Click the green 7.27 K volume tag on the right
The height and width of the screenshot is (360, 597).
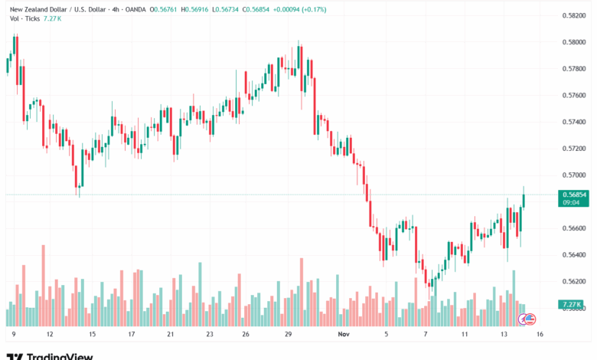[x=573, y=304]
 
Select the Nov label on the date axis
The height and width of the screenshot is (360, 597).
[x=342, y=334]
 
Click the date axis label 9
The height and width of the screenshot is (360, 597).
[x=13, y=334]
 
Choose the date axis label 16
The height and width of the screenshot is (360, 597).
[x=540, y=334]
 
